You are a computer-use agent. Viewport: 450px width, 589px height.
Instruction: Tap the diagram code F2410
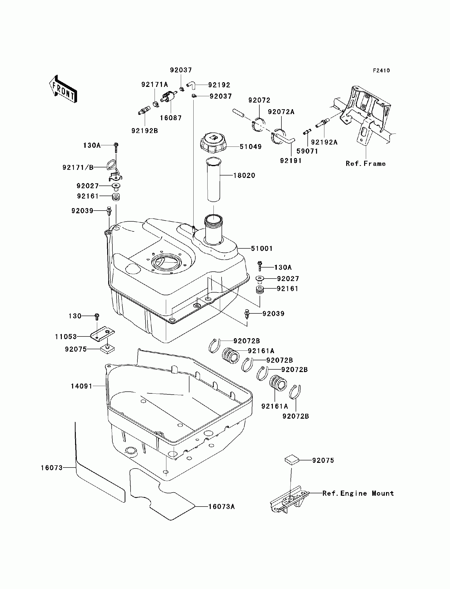tap(382, 71)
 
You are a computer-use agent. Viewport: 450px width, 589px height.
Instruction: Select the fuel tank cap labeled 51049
tap(213, 143)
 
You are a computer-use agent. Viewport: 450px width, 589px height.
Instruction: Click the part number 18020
tap(244, 175)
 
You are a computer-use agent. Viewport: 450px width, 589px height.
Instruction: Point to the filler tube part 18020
tap(214, 179)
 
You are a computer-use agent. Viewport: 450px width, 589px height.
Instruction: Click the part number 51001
tap(262, 249)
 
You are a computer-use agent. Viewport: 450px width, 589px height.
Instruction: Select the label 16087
tap(171, 118)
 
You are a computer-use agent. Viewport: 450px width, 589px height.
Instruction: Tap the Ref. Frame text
tap(366, 164)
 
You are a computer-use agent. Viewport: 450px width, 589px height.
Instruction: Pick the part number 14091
tap(81, 386)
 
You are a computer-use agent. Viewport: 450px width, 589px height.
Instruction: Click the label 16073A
tap(222, 507)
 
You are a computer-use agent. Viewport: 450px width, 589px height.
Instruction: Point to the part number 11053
tap(66, 337)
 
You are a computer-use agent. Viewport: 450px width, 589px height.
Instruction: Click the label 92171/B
tap(78, 167)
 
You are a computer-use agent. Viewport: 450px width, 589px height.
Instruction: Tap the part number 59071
tap(307, 151)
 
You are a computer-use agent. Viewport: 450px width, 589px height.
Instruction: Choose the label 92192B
tap(145, 131)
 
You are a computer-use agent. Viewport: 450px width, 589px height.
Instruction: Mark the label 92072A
tap(281, 112)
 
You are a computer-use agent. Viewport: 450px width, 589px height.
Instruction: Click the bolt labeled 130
tap(97, 317)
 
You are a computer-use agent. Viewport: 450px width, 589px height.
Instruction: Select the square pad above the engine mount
tap(291, 460)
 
